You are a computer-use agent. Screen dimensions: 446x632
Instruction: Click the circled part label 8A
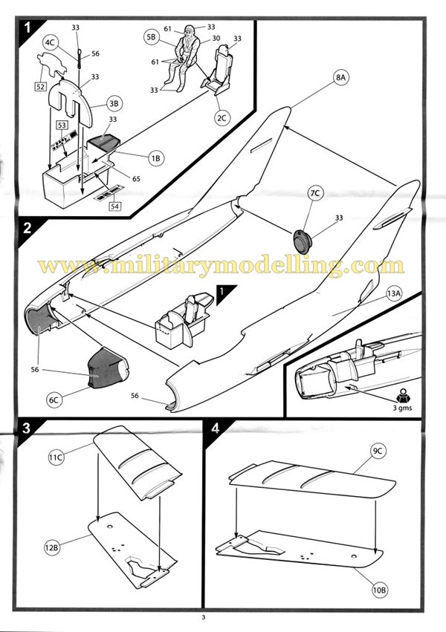click(341, 77)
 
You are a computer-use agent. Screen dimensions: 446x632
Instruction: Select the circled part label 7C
click(315, 194)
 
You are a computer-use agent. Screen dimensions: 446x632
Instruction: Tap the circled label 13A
click(394, 293)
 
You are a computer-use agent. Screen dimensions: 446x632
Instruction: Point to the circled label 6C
click(54, 400)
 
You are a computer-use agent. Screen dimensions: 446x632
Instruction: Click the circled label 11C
click(56, 457)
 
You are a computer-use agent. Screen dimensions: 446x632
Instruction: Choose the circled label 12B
click(52, 547)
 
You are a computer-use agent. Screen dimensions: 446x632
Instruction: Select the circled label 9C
click(377, 451)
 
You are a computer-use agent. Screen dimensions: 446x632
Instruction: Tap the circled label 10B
click(379, 590)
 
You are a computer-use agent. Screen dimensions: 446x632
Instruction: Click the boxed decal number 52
click(41, 86)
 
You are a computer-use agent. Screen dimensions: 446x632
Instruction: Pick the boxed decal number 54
click(115, 206)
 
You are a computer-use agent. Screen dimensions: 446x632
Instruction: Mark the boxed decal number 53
click(62, 125)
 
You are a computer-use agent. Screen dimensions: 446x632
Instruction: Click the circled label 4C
click(51, 42)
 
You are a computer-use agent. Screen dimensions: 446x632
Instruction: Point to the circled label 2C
click(222, 117)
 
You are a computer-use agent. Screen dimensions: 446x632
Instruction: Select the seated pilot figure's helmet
click(189, 30)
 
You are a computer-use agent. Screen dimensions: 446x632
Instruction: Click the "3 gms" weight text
click(402, 408)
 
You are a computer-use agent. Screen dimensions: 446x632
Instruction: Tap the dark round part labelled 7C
click(303, 241)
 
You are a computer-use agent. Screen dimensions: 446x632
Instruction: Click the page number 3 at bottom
click(204, 617)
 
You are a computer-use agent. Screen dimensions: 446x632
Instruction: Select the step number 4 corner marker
click(216, 429)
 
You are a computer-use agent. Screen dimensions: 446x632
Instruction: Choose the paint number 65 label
click(136, 178)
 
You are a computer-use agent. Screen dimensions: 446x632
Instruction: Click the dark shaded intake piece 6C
click(107, 368)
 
